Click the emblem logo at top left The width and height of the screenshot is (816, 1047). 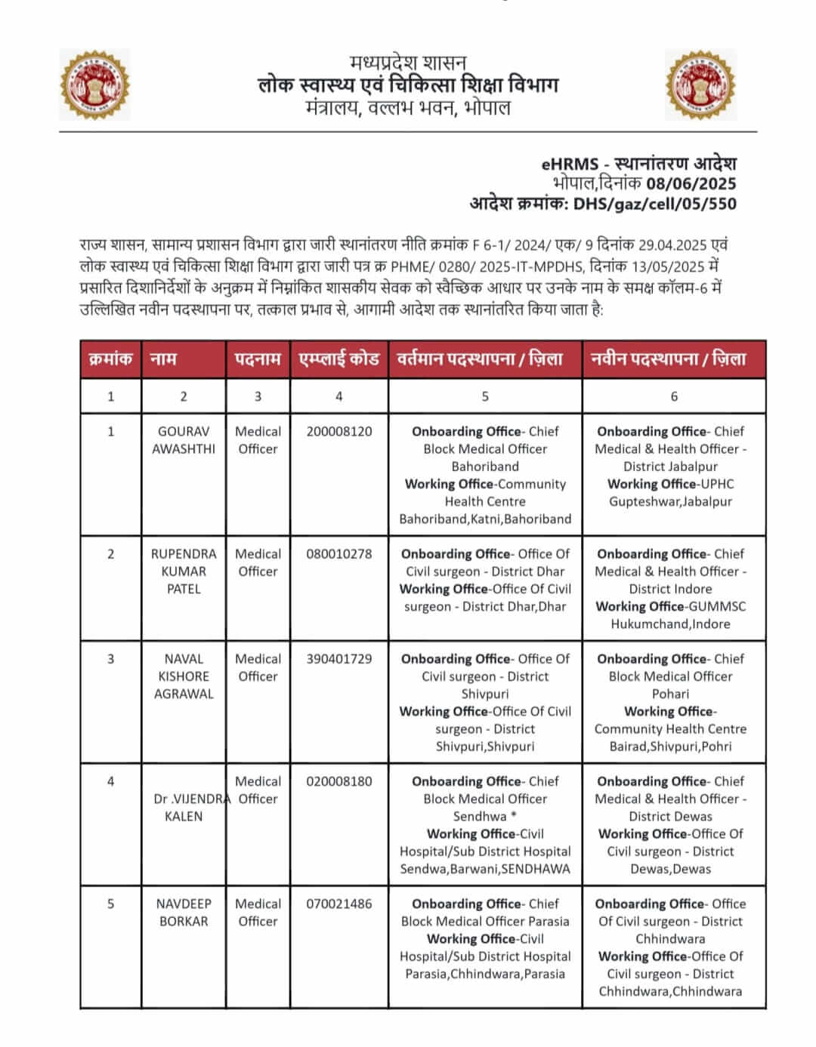pyautogui.click(x=94, y=85)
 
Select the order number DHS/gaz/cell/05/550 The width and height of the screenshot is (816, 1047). pyautogui.click(x=654, y=204)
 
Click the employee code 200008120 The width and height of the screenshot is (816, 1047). pyautogui.click(x=339, y=432)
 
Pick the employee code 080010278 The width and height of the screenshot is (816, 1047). pyautogui.click(x=339, y=554)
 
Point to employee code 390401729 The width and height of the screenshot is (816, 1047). pyautogui.click(x=339, y=659)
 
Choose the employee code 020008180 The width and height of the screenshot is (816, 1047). pyautogui.click(x=339, y=781)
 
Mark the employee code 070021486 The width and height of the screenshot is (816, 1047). pyautogui.click(x=339, y=904)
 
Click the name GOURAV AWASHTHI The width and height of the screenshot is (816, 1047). pyautogui.click(x=184, y=440)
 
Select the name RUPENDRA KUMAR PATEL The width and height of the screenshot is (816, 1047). pyautogui.click(x=184, y=571)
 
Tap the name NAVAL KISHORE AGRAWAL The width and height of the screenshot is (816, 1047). pyautogui.click(x=184, y=676)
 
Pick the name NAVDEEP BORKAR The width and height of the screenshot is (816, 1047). pyautogui.click(x=184, y=913)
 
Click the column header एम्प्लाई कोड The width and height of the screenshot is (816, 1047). pyautogui.click(x=339, y=359)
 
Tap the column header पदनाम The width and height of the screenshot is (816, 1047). pyautogui.click(x=258, y=359)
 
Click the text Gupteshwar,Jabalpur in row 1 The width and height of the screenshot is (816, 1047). pyautogui.click(x=670, y=502)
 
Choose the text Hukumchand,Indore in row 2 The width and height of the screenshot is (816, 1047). pyautogui.click(x=670, y=624)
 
